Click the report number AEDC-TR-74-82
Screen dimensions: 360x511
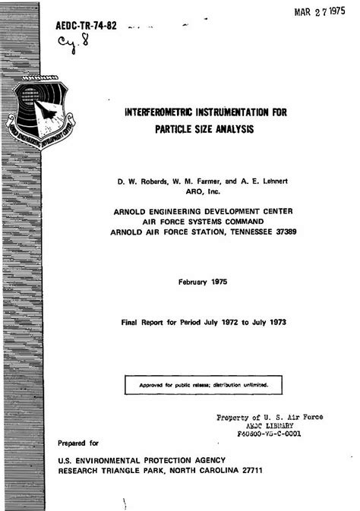86,26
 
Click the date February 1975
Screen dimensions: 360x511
202,282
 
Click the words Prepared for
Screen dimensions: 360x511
78,443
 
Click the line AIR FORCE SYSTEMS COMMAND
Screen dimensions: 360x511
202,221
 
